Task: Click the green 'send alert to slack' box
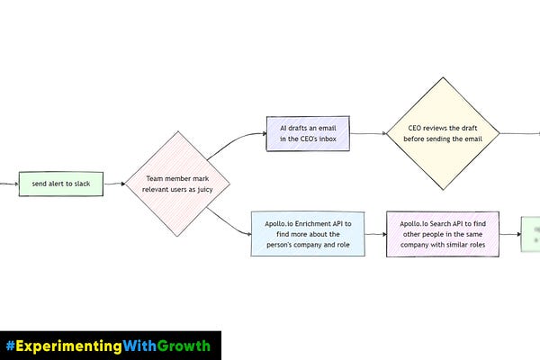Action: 61,184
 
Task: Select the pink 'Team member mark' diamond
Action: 176,184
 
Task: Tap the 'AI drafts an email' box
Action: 308,133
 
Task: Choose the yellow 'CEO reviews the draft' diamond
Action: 443,133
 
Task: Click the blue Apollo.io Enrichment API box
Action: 308,233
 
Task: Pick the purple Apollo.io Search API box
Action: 442,233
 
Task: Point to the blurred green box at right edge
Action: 530,232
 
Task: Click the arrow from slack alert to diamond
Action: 114,184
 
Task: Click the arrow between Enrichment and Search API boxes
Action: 375,233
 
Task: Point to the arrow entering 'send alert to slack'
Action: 8,184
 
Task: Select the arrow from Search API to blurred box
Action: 508,233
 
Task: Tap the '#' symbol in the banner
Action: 10,346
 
